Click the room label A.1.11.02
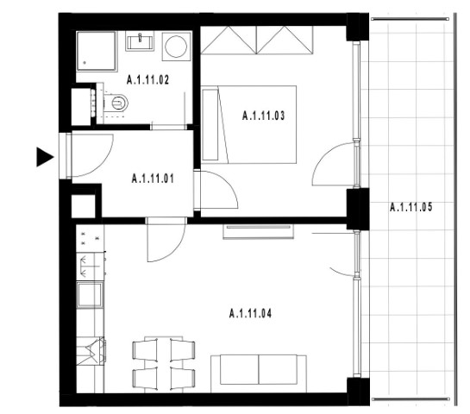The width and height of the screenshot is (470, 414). pos(147,80)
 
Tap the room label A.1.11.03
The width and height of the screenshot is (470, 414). pos(264,116)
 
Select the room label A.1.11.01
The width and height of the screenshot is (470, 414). pos(153,179)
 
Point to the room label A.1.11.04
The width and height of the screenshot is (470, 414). pos(250,314)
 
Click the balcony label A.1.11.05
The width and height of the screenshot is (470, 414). pos(411,207)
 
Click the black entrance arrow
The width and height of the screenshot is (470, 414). pos(45,157)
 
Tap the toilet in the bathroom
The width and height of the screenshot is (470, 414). pos(116,103)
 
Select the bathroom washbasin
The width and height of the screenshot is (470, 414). pos(140,41)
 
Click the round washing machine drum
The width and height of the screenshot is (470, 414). pos(176,47)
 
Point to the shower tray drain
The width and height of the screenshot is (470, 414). pos(85,63)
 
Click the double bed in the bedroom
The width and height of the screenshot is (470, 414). pos(249,125)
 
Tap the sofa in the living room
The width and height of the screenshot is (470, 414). pos(259,373)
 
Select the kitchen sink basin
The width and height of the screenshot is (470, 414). pos(90,295)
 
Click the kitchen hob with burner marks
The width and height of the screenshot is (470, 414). pos(90,238)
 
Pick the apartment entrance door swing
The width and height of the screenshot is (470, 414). pos(92,155)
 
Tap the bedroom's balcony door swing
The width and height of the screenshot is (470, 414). pos(334,164)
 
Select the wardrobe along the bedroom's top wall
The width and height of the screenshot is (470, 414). pos(257,41)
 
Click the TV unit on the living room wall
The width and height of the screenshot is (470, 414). pos(259,231)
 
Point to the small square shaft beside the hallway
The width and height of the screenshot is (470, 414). pos(84,206)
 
